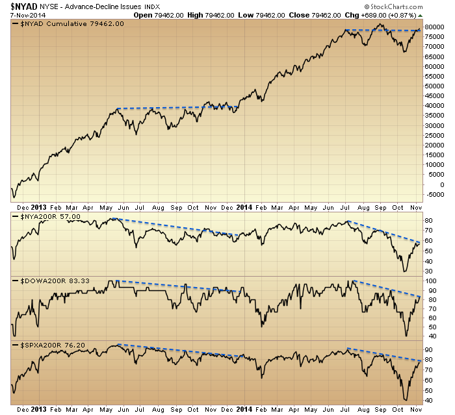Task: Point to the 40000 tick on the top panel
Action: pyautogui.click(x=434, y=105)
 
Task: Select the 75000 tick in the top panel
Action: pyautogui.click(x=434, y=36)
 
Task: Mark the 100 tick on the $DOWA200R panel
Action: pyautogui.click(x=430, y=281)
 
